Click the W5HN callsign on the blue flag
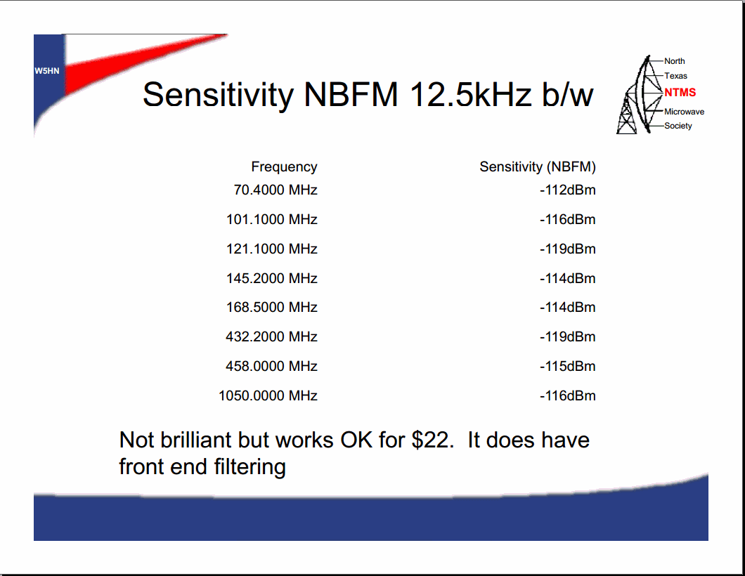(x=46, y=71)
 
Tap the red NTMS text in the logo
(x=680, y=93)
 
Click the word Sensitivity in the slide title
(x=218, y=95)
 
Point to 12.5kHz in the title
(x=470, y=94)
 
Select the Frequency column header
(x=284, y=167)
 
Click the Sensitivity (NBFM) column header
(x=538, y=166)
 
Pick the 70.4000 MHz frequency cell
(x=276, y=190)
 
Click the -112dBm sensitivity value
(x=567, y=190)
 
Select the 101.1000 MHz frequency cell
(x=272, y=219)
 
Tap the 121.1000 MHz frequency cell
(x=272, y=249)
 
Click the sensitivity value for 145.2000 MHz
(x=567, y=278)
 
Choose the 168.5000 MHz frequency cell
(x=272, y=307)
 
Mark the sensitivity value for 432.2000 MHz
(x=567, y=336)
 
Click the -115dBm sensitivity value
(x=567, y=366)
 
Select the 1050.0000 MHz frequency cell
(x=268, y=395)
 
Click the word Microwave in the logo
(x=684, y=112)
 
